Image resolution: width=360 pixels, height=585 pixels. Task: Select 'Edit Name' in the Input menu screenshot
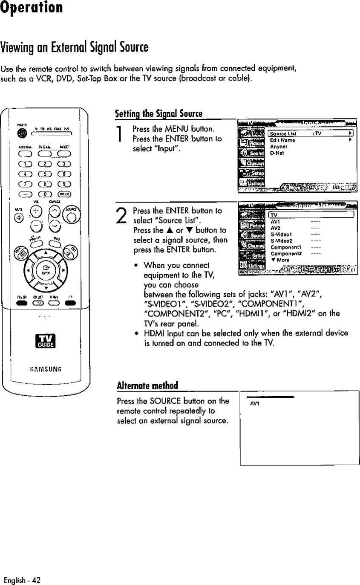tap(280, 140)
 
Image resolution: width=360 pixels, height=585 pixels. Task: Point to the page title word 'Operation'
tap(32, 8)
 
